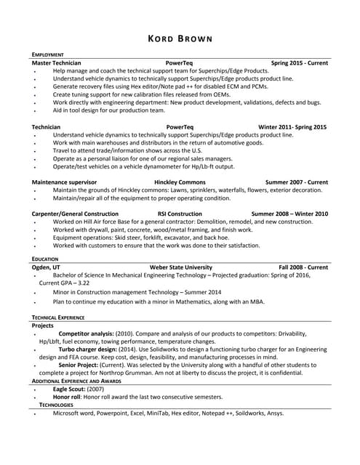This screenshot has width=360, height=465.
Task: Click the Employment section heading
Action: [x=48, y=55]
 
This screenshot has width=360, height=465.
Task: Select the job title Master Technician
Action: [x=57, y=63]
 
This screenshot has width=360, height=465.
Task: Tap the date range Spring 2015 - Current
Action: [x=299, y=63]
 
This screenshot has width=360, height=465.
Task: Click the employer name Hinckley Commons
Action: [x=180, y=182]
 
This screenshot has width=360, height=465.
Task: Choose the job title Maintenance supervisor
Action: [x=65, y=182]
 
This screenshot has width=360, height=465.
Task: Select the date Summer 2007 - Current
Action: [x=296, y=182]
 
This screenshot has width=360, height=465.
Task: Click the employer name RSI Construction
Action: [x=180, y=214]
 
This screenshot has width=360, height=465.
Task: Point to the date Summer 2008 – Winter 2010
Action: [x=289, y=214]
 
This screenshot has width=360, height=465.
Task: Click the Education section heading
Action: [x=45, y=259]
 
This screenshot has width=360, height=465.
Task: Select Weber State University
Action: [x=180, y=267]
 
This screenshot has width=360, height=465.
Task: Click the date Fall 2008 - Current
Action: [x=303, y=267]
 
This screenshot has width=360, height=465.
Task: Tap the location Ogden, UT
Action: [x=47, y=267]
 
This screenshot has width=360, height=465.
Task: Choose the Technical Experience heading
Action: [x=58, y=318]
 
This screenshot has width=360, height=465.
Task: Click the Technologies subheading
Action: [x=56, y=404]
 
